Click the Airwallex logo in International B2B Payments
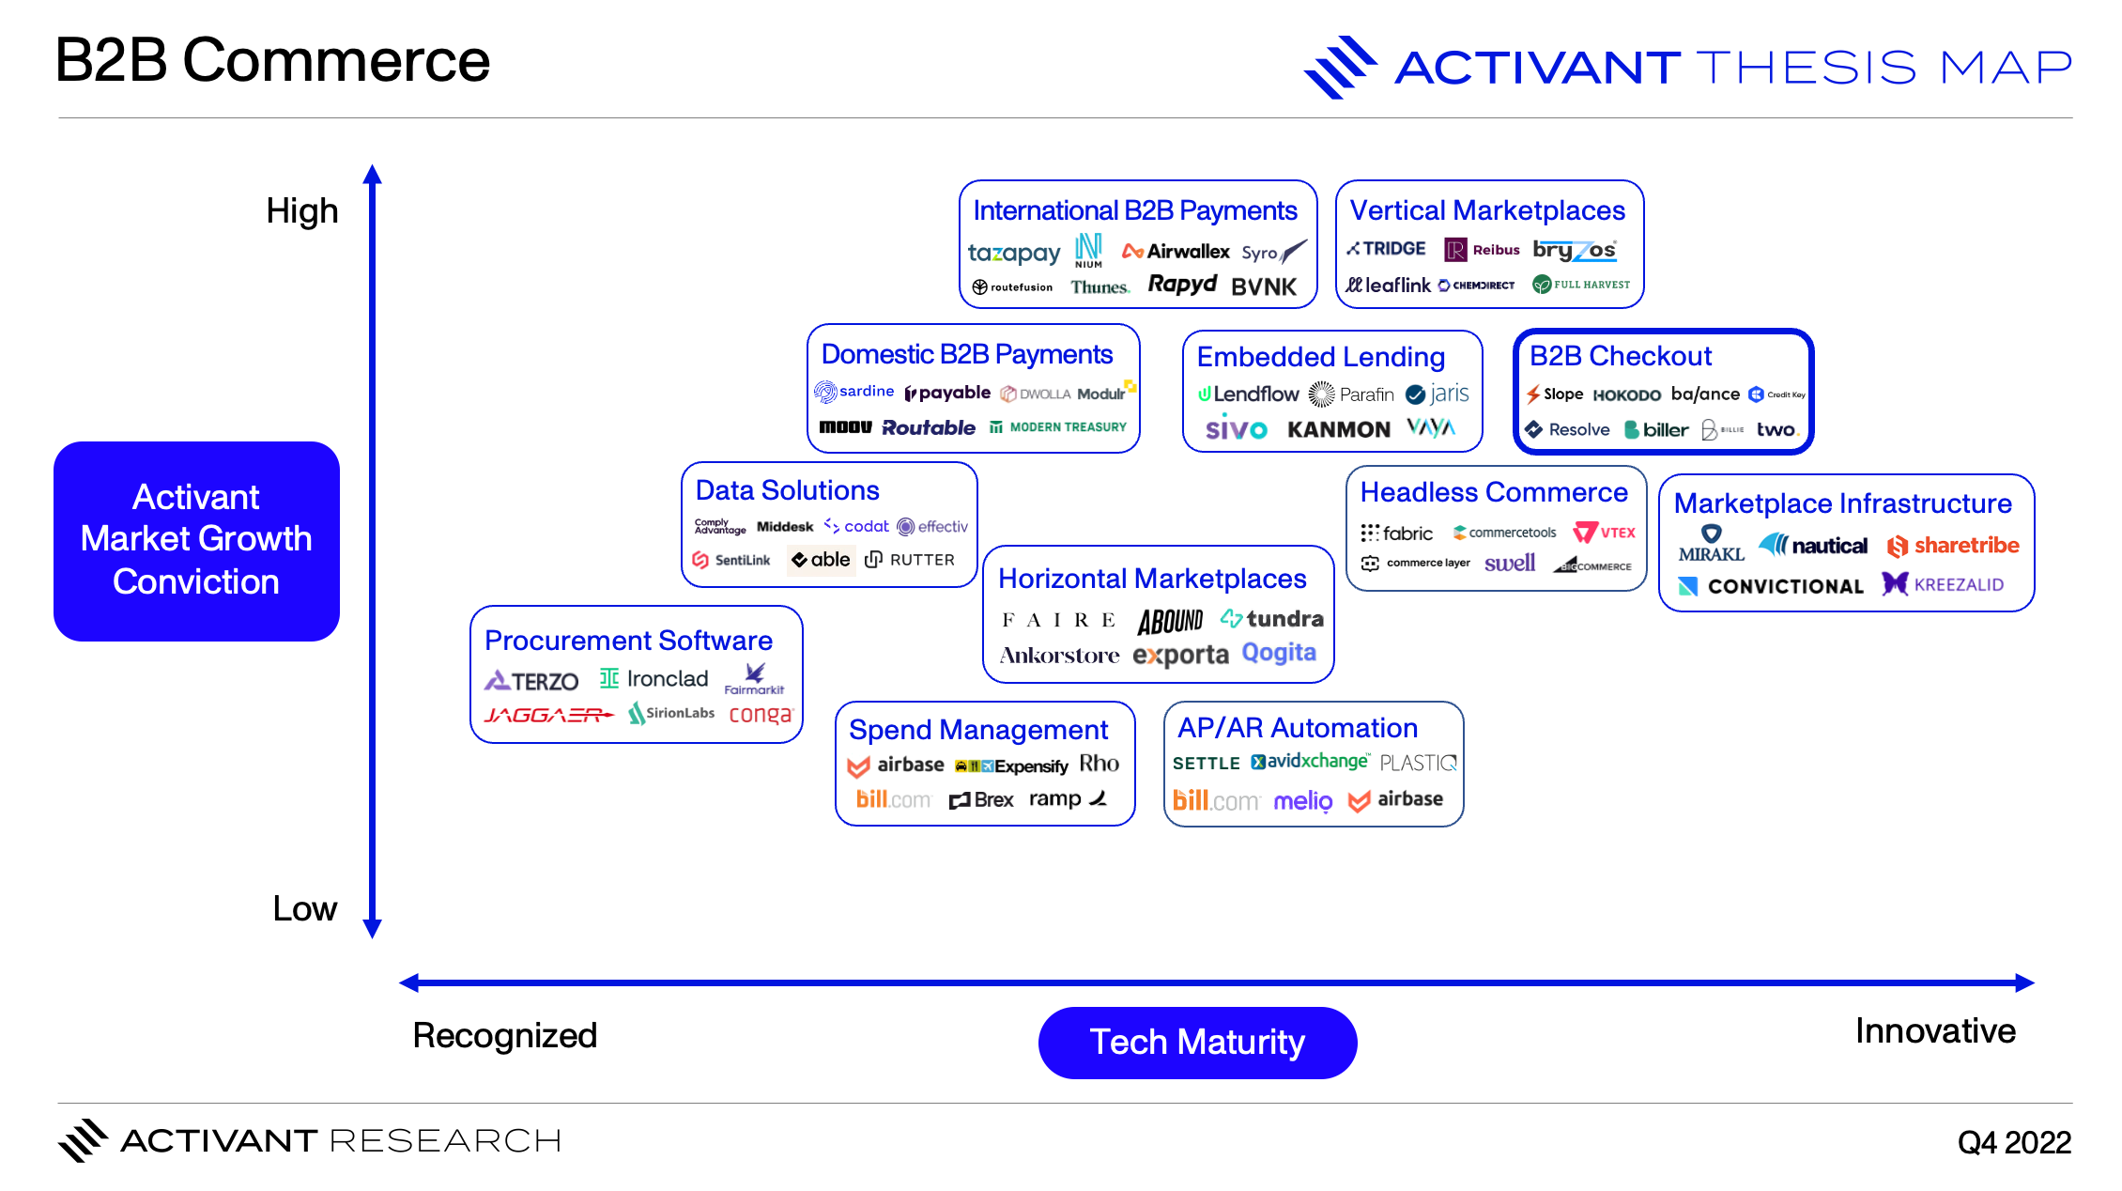coord(1176,252)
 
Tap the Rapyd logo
coord(1182,285)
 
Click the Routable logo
coord(929,427)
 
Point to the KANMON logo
coord(1338,430)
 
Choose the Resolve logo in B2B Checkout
coord(1567,430)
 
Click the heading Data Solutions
coord(787,490)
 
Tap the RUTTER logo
coord(910,560)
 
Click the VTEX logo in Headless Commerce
coord(1605,533)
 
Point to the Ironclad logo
coord(654,679)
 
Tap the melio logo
coord(1302,801)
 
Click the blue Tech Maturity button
coord(1197,1043)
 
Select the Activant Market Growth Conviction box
coord(196,541)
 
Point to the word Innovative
coord(1935,1031)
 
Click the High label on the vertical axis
coord(301,211)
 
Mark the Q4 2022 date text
coord(2014,1142)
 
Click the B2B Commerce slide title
coord(272,61)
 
